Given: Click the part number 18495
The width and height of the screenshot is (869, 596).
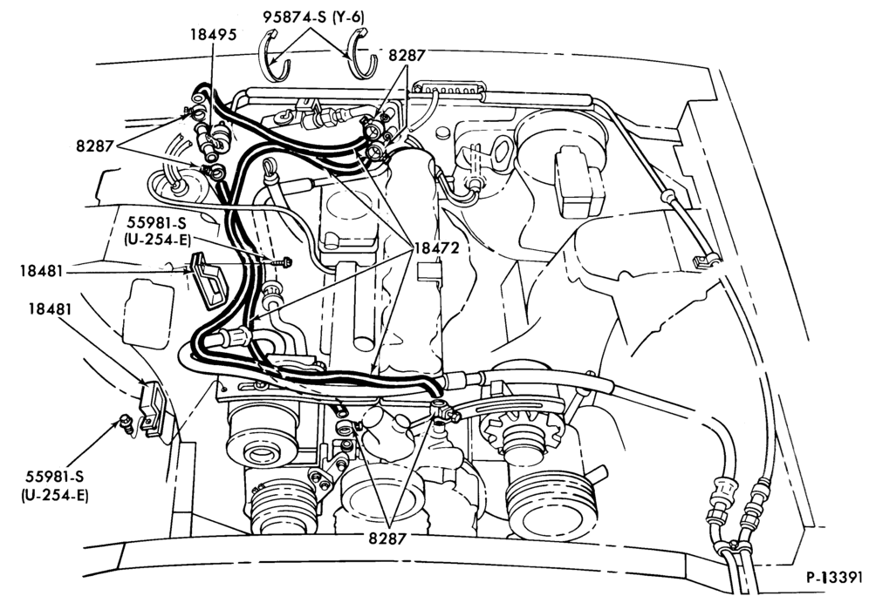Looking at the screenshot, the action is coord(214,34).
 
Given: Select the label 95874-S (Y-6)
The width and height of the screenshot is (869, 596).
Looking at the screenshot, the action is coord(314,17).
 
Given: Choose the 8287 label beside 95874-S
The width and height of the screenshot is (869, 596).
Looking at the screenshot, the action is coord(407,56).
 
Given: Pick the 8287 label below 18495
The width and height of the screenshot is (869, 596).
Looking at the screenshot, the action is coord(95,146).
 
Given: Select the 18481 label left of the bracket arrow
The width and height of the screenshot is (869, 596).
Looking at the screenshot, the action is coord(41,271).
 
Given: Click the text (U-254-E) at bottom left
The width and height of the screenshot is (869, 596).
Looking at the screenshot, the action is coord(55,495).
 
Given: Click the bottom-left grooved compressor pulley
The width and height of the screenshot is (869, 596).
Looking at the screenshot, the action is coord(283,505).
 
